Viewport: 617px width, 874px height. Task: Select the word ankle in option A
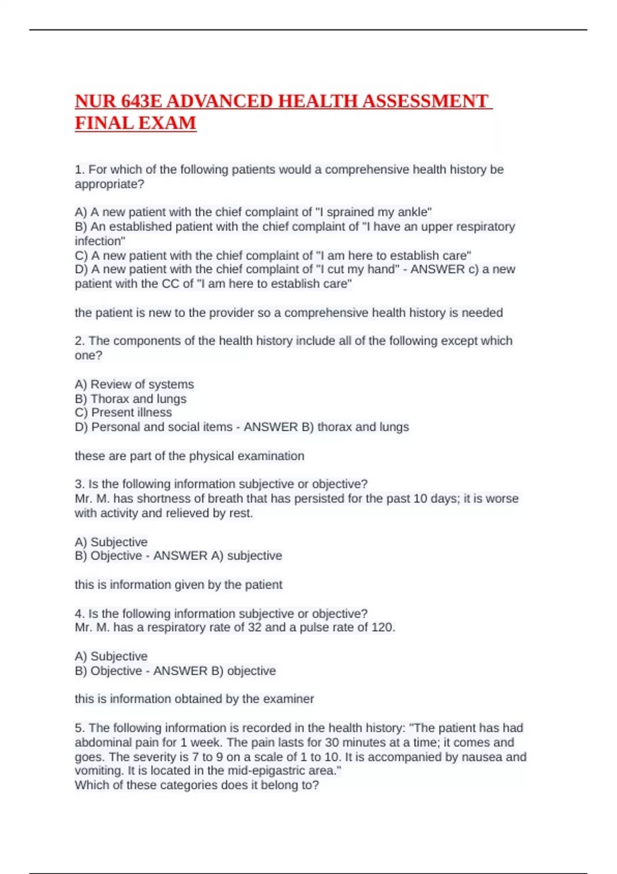point(413,212)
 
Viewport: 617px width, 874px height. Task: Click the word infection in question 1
point(100,241)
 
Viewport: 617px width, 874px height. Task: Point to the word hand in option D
point(382,269)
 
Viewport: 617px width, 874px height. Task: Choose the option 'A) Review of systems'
point(134,384)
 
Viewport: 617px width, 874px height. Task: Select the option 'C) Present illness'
point(123,412)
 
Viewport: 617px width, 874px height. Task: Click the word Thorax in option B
point(110,398)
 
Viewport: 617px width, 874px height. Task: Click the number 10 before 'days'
point(420,498)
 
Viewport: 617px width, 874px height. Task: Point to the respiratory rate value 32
point(255,627)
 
